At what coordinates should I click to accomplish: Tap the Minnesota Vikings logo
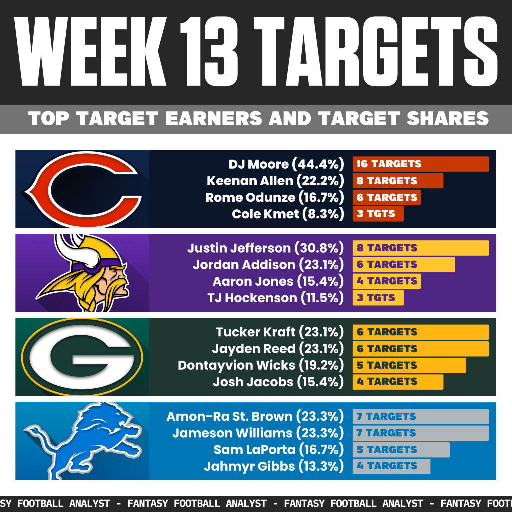coord(82,273)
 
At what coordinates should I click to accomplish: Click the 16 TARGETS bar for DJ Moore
coord(420,164)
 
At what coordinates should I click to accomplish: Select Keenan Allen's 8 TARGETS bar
coord(398,180)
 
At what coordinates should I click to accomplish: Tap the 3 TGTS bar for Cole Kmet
coord(378,214)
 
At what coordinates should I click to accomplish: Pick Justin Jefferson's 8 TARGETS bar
coord(420,248)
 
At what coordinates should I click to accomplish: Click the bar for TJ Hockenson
coord(378,298)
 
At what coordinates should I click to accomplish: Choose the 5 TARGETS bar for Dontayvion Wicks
coord(409,365)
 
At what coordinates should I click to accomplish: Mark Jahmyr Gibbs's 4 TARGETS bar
coord(391,466)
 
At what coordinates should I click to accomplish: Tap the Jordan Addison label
coord(244,264)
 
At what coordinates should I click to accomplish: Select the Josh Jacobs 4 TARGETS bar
coord(398,382)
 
